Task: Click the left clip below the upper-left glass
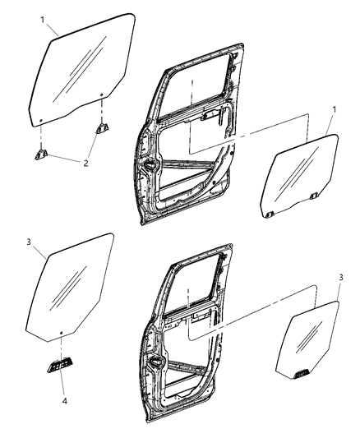pos(42,152)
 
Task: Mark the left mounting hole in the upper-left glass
pos(39,122)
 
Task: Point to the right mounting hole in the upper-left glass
pos(101,95)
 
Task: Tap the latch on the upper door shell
pos(152,167)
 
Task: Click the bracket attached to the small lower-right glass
pos(303,374)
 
